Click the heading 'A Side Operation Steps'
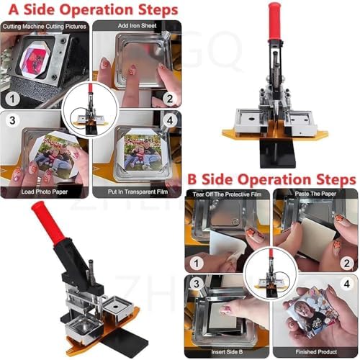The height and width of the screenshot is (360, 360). coord(91,11)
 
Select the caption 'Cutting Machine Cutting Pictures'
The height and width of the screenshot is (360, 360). coord(45,26)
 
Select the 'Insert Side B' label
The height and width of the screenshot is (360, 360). coord(228,351)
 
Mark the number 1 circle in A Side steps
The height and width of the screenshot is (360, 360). coord(13,99)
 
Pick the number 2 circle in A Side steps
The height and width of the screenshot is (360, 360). coord(167,99)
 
